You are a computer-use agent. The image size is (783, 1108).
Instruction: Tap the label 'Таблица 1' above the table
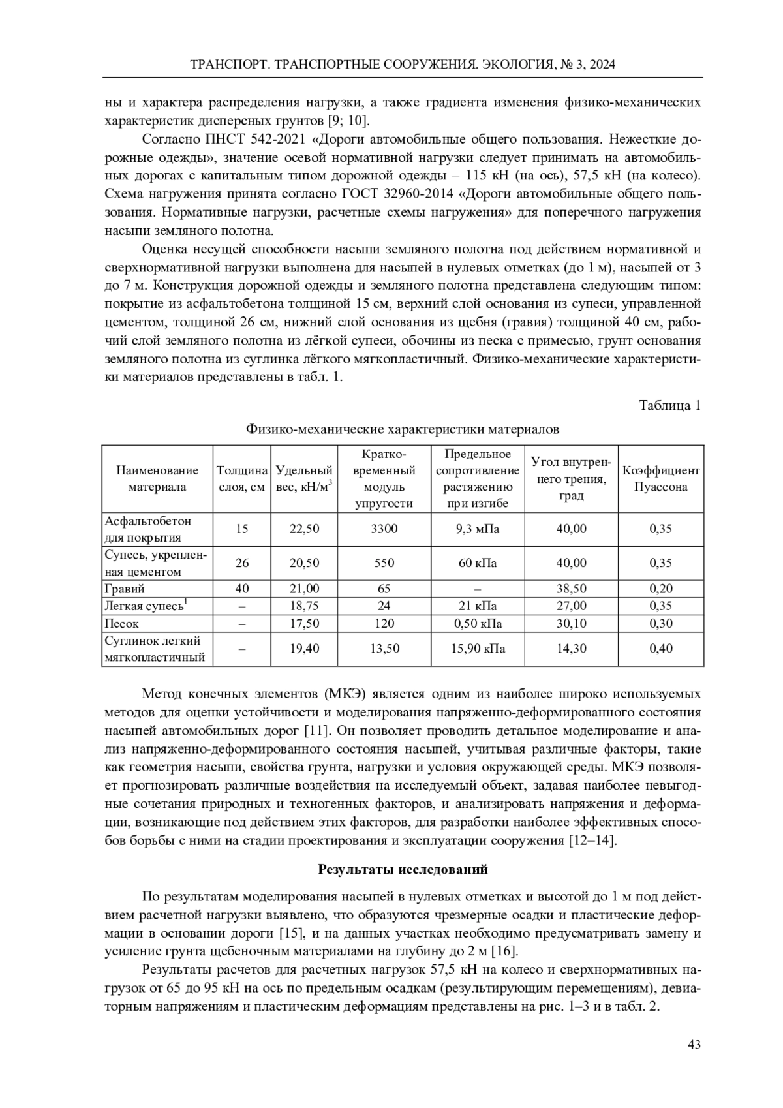tap(669, 405)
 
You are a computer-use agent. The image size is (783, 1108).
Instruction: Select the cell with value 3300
tap(384, 529)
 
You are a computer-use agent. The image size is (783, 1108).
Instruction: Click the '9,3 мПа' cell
tap(478, 529)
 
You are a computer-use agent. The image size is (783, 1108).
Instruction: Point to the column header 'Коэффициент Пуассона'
tap(661, 478)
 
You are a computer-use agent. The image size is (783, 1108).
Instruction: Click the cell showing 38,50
tap(571, 589)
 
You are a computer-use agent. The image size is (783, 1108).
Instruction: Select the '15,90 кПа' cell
tap(478, 649)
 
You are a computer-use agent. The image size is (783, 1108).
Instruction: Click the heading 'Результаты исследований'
tap(403, 869)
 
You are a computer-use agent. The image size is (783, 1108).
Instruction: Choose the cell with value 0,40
tap(661, 649)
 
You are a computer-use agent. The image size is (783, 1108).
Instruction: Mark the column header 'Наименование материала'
tap(157, 478)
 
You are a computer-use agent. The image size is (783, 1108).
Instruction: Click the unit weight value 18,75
tap(304, 606)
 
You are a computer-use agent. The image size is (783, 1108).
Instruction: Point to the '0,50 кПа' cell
tap(478, 623)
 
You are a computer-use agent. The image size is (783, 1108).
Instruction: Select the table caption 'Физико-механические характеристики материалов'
tap(403, 429)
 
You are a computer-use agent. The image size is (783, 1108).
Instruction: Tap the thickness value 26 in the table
tap(241, 562)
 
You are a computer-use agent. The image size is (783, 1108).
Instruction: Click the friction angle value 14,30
tap(571, 649)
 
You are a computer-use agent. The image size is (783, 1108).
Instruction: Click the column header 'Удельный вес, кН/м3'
tap(304, 478)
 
